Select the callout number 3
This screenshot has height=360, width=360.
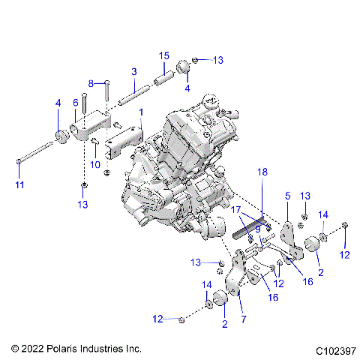(133, 71)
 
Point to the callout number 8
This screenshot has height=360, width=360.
(91, 82)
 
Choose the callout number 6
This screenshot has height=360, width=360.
(75, 103)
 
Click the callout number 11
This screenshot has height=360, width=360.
(19, 184)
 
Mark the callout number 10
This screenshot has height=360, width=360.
(95, 164)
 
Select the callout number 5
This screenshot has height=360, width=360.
(286, 196)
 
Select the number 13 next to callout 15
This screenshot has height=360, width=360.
(218, 60)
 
